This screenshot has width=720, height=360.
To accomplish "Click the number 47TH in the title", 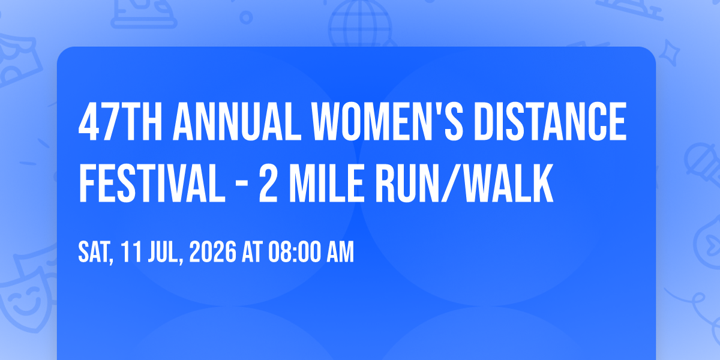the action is [121, 121].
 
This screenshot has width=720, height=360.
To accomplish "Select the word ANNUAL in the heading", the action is [237, 121].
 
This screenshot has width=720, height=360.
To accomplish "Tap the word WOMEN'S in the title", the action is [388, 121].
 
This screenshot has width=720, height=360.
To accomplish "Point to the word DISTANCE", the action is [550, 121].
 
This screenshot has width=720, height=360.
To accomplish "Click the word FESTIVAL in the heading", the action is [152, 183].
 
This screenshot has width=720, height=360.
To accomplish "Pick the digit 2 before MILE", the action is [268, 183].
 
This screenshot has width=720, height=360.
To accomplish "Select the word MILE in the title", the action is [327, 183].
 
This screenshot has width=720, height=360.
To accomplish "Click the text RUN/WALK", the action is [464, 183].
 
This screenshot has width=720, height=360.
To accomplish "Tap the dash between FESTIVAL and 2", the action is [242, 185].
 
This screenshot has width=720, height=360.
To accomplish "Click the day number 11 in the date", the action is [131, 252].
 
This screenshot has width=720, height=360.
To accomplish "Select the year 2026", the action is [212, 252].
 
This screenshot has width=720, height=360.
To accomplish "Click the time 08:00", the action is [295, 252].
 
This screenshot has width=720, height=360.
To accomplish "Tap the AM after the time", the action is [340, 252].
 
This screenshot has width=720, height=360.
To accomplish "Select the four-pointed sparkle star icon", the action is [669, 53].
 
